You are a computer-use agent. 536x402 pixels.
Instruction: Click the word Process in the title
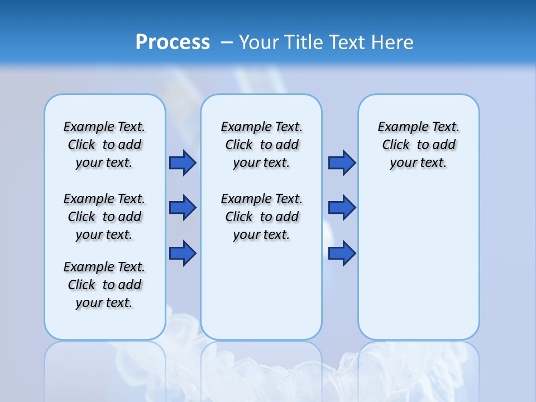(173, 42)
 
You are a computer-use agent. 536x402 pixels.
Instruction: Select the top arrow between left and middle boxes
(183, 162)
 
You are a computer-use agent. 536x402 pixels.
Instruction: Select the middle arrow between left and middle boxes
(183, 208)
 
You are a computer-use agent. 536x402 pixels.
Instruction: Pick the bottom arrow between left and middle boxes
(183, 253)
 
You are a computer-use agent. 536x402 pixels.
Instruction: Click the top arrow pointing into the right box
(342, 162)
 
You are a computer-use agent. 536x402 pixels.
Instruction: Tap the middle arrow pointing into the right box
(342, 208)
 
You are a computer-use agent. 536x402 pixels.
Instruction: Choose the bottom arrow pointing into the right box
(342, 253)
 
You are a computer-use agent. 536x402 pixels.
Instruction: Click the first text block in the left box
(104, 145)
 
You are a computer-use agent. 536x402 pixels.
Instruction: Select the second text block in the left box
(104, 217)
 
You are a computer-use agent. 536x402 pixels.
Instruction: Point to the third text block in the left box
(104, 285)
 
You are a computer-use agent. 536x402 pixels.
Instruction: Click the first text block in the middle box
(262, 145)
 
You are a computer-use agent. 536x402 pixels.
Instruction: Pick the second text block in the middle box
(262, 217)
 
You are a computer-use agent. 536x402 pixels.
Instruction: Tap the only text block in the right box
(419, 145)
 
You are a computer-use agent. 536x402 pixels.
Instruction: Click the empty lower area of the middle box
(261, 290)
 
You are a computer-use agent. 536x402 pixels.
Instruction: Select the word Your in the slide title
(260, 42)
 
